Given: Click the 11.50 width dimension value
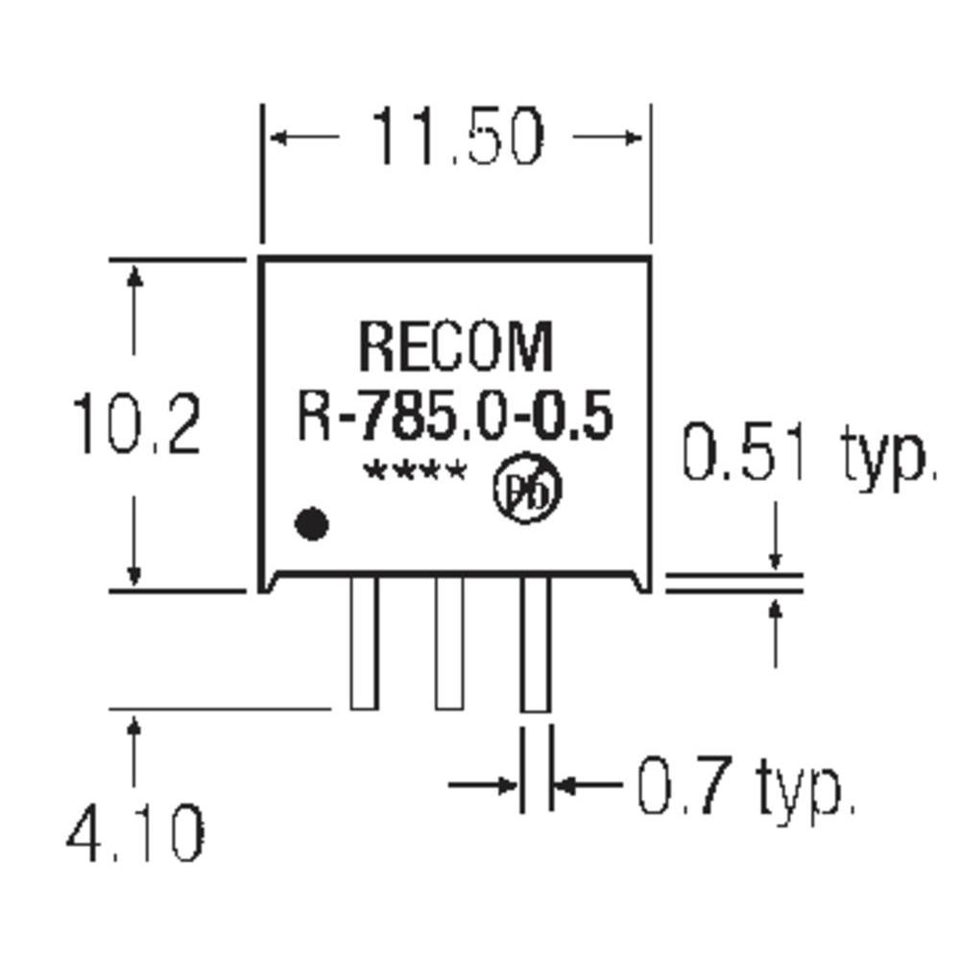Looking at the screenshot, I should [457, 137].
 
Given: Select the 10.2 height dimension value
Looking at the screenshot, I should [137, 425].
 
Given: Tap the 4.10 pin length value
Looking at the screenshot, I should [135, 832].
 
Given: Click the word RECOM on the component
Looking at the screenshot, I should [456, 348].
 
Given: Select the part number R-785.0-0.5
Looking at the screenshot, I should [454, 420].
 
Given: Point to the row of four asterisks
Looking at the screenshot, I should [415, 473].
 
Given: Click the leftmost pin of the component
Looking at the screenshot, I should [364, 643].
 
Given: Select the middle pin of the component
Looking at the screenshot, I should [448, 643].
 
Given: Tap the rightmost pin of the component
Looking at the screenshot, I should [536, 643].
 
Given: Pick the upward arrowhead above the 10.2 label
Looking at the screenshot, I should [135, 276].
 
